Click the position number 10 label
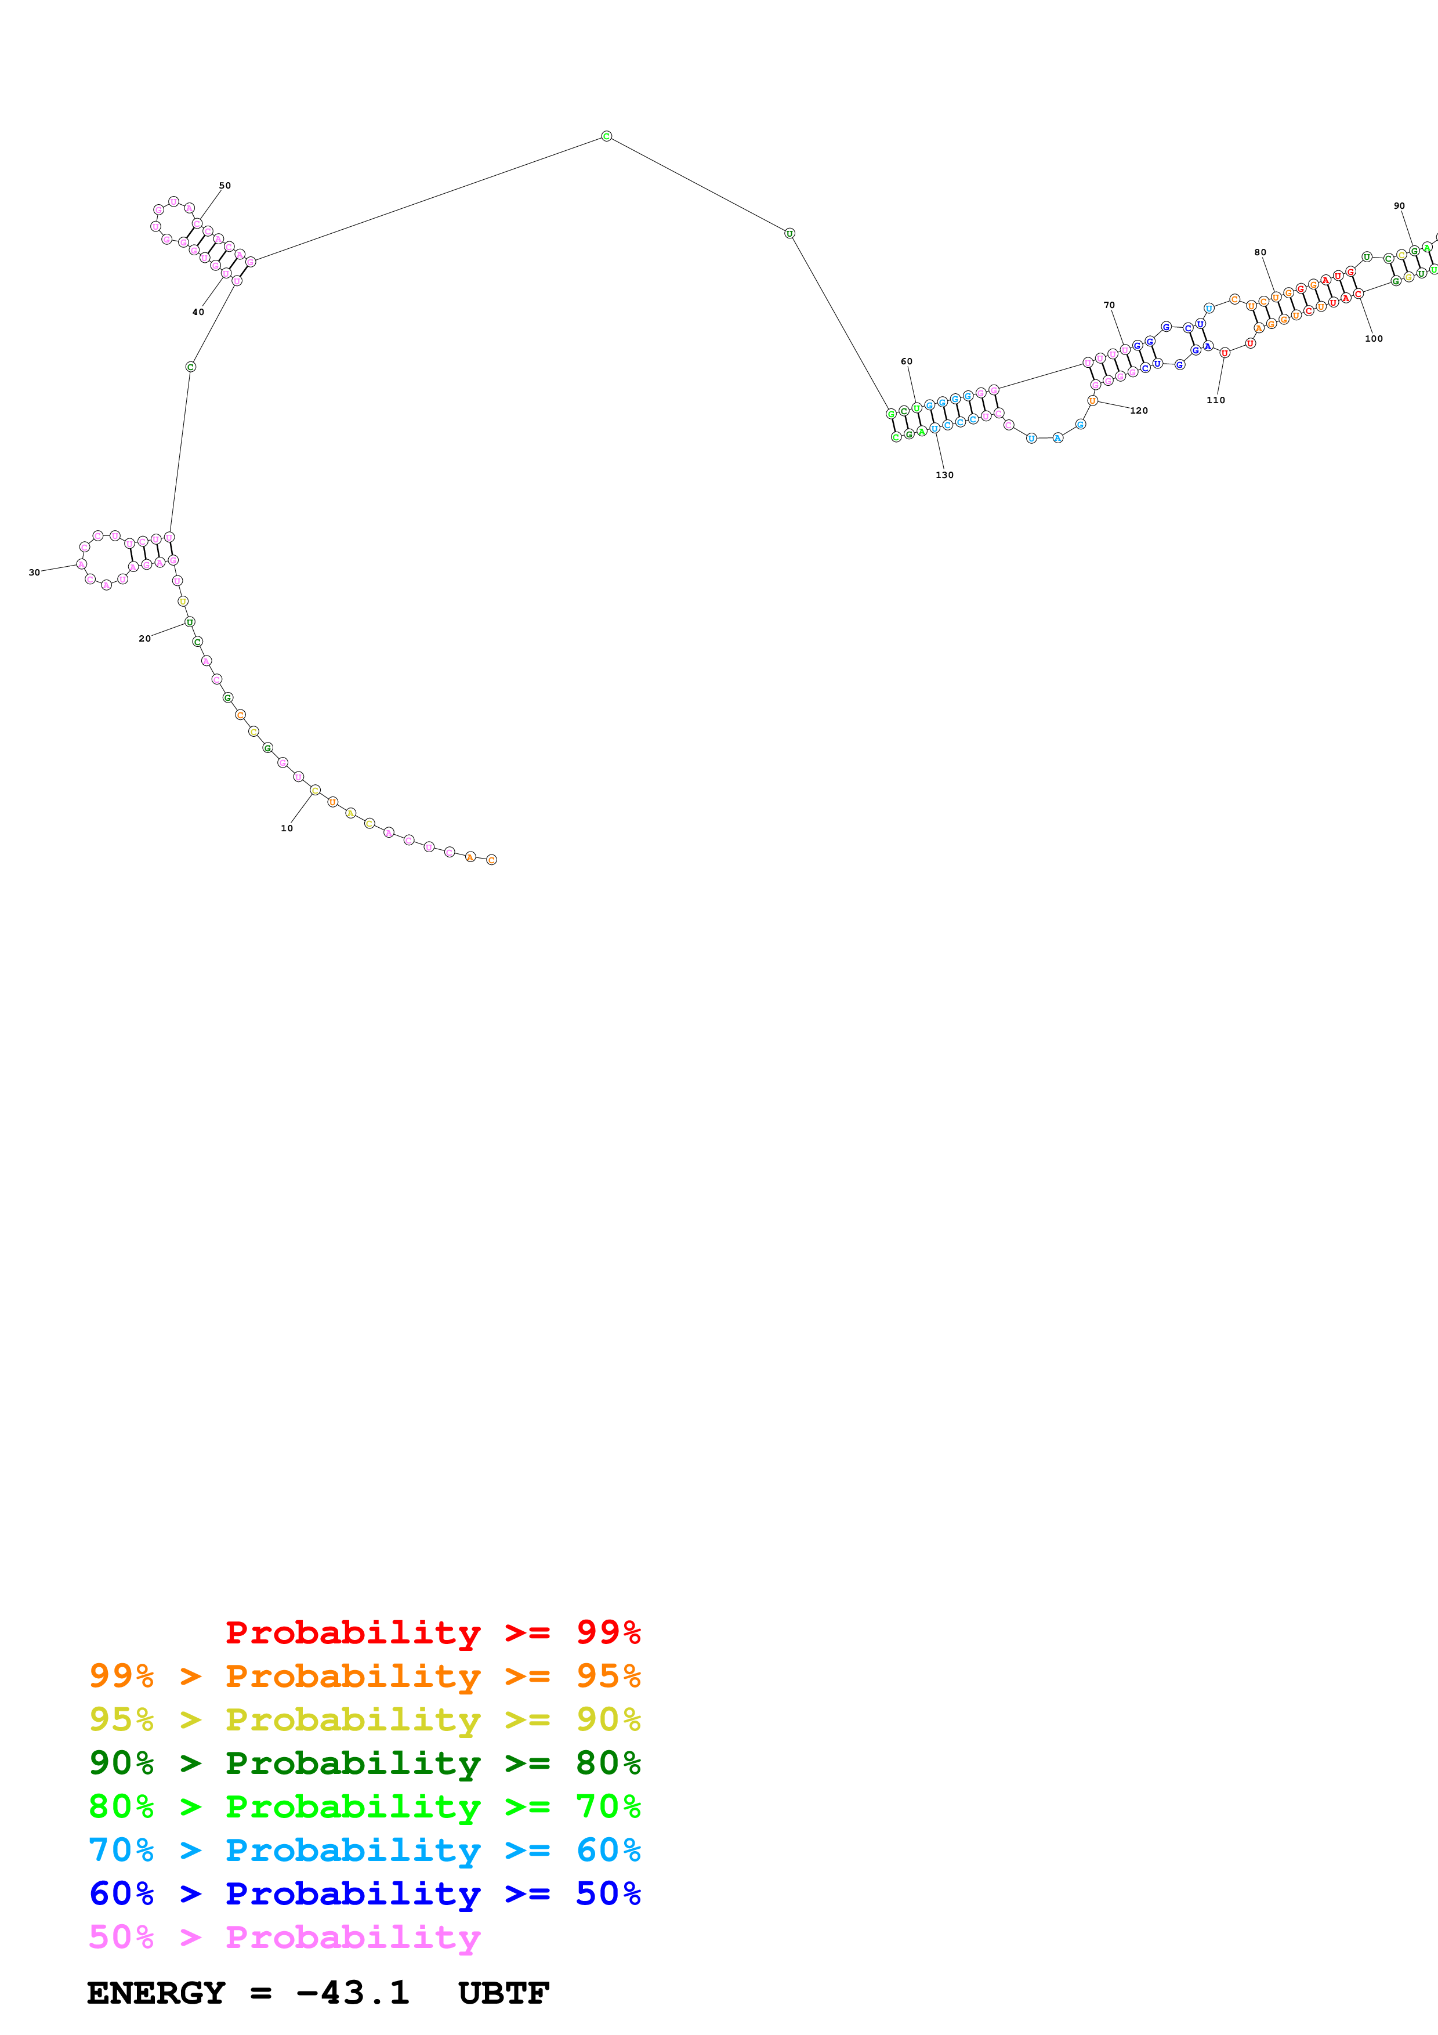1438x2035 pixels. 286,828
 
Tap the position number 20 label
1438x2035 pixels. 144,638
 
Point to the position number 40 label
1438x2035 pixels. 198,312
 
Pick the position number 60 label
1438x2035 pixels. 907,361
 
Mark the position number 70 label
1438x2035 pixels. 1109,305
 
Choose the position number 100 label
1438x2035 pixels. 1373,339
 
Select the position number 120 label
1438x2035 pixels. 1139,410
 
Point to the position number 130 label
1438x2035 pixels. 944,475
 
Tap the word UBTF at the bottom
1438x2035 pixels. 504,1993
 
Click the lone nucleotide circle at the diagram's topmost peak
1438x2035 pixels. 606,136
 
